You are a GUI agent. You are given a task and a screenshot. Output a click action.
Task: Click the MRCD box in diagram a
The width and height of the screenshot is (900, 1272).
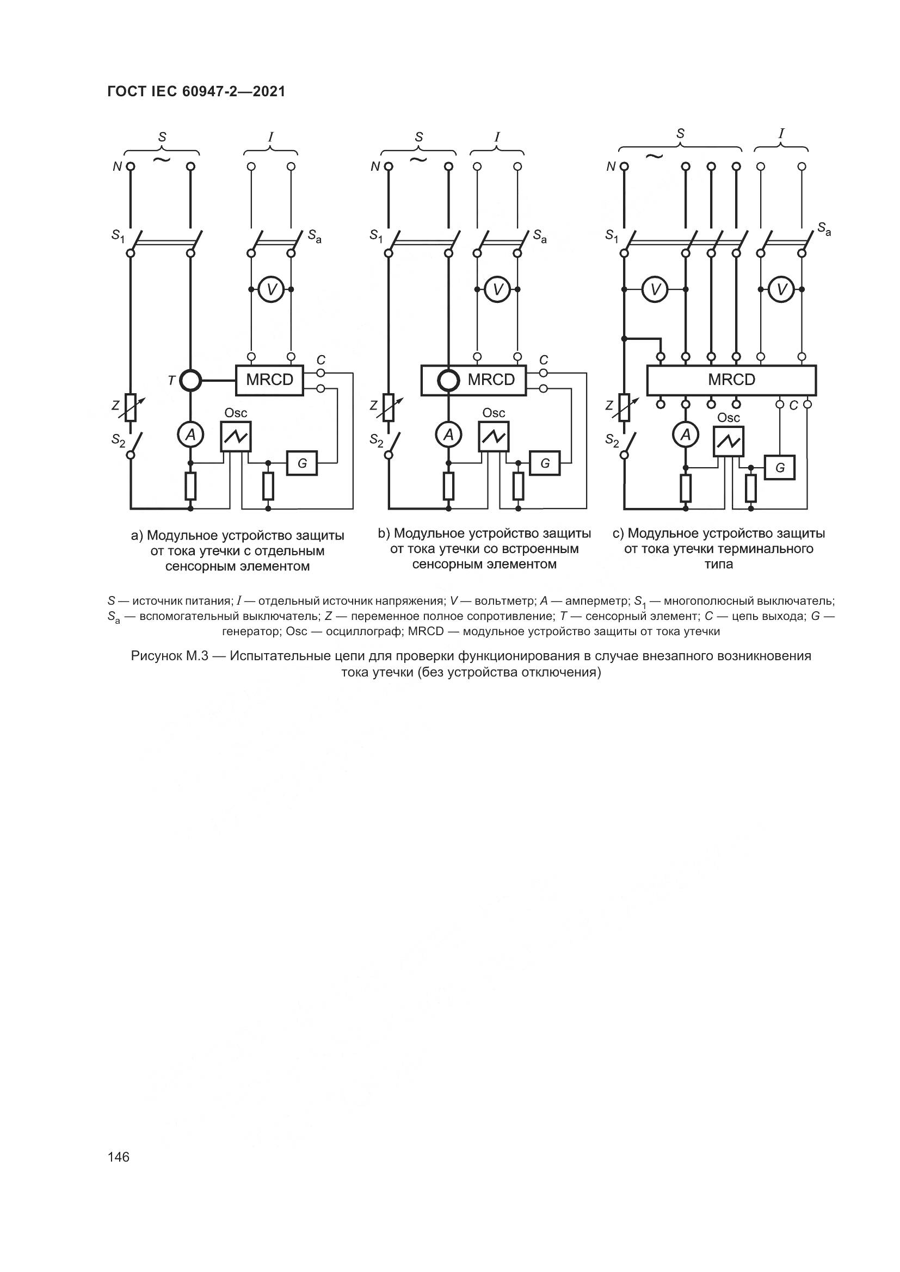(269, 380)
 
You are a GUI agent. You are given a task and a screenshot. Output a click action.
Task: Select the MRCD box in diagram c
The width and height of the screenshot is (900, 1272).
(731, 380)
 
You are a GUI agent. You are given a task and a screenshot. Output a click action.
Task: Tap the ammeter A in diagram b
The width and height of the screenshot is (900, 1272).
(448, 436)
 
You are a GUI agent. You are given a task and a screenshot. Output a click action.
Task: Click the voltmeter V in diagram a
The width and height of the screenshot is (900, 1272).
(272, 289)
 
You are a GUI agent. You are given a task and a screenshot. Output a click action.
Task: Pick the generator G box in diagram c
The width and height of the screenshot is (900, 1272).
(780, 468)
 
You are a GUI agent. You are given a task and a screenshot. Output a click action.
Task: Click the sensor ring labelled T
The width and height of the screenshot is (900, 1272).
(190, 380)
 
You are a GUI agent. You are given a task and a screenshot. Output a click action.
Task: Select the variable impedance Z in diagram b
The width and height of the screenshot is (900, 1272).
(389, 407)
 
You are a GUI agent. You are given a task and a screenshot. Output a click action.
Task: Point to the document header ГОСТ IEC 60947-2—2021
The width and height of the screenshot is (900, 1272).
(196, 92)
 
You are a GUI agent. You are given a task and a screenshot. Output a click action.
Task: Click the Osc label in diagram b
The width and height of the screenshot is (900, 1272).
(493, 413)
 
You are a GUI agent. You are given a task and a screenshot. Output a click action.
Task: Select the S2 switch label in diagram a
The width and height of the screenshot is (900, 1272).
(118, 440)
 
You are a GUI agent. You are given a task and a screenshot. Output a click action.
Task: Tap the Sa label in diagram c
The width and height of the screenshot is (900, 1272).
(824, 228)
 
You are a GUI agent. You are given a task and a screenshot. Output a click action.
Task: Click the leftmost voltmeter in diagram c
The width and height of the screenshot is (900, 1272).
(655, 289)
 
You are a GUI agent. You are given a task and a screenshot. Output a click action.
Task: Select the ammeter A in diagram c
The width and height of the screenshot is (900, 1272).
(686, 436)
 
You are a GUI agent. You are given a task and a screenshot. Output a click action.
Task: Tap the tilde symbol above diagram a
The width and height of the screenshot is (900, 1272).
(161, 159)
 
